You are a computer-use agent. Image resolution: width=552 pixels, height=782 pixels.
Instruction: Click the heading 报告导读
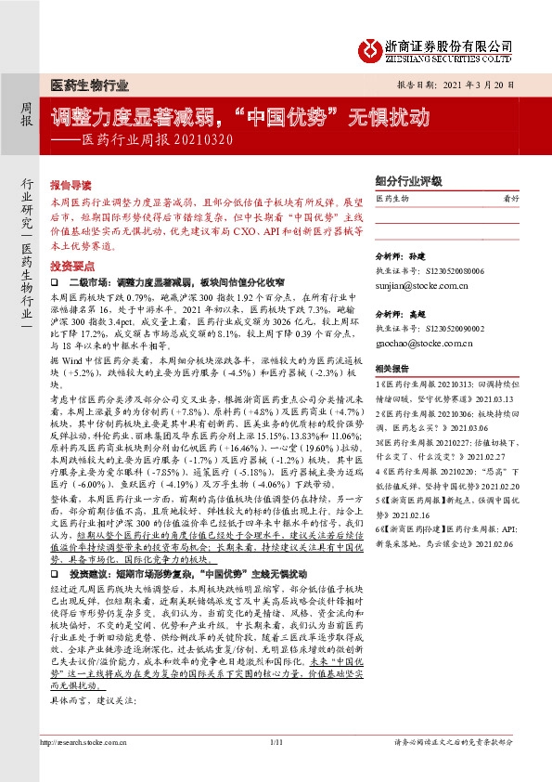click(71, 185)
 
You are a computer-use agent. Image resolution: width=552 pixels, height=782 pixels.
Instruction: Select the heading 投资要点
click(71, 265)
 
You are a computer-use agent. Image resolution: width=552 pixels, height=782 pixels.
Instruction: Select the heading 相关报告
click(390, 367)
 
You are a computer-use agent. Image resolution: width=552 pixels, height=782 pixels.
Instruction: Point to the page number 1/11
click(276, 743)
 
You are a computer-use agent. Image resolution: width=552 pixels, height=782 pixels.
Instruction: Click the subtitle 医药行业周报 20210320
click(153, 141)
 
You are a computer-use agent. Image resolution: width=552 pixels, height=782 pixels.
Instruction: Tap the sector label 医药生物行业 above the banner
click(89, 85)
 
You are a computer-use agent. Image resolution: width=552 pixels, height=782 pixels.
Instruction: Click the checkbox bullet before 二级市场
click(56, 279)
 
